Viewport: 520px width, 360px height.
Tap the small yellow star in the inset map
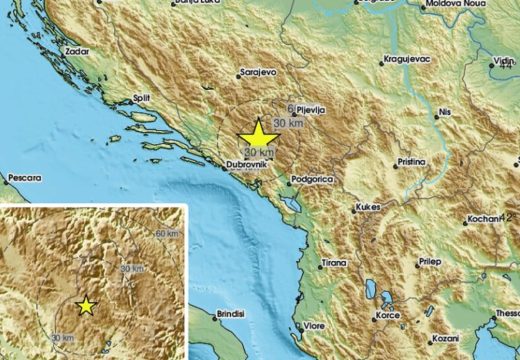tap(86, 306)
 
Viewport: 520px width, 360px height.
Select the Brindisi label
tap(230, 315)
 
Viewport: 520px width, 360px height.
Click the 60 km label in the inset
tap(165, 233)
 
